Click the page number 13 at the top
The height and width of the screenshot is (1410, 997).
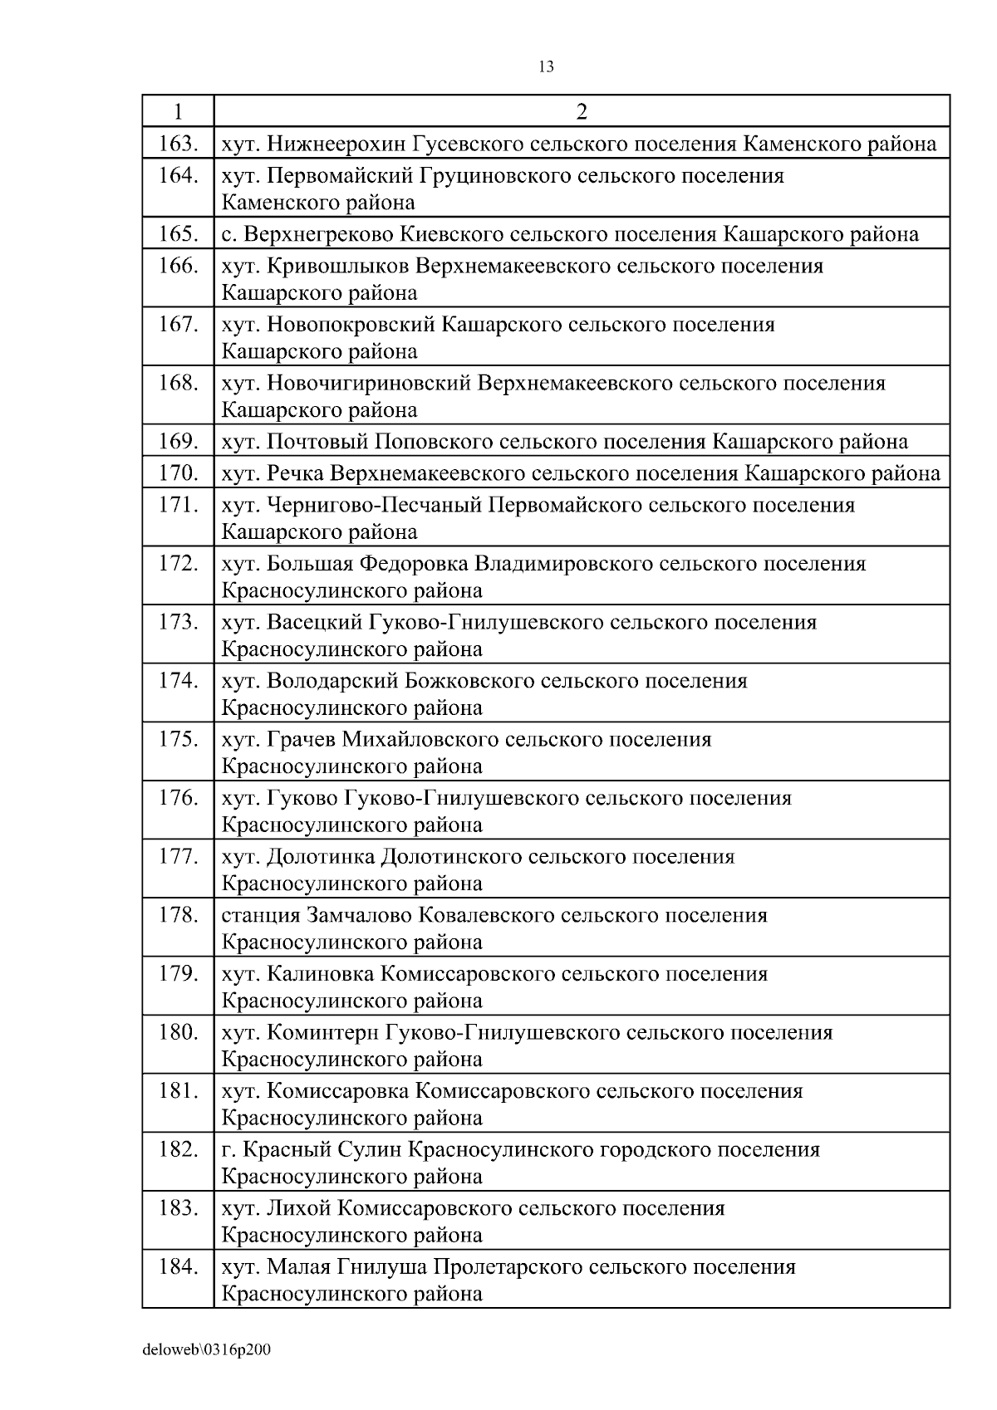point(546,67)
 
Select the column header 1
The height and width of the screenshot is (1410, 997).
point(178,111)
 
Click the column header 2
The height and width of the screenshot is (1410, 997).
point(582,111)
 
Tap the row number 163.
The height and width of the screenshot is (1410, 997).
point(178,144)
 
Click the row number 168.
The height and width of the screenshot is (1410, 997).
point(178,383)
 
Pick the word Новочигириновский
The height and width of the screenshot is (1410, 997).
point(370,383)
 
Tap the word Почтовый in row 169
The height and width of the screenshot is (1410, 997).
point(318,442)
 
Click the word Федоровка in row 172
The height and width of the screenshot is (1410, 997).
point(413,564)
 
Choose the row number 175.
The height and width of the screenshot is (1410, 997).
point(178,739)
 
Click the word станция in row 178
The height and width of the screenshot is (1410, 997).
point(261,915)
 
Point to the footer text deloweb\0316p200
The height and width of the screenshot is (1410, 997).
point(207,1350)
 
